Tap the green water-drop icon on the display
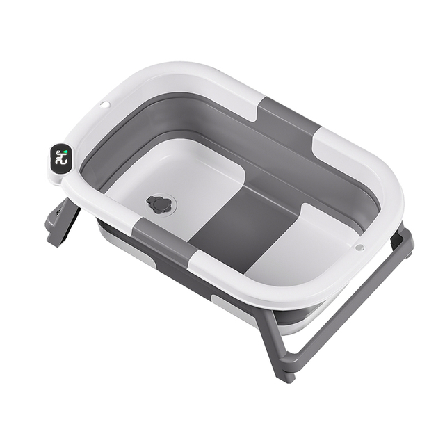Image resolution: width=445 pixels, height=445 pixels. [x=63, y=150]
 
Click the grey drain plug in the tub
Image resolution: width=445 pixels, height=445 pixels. [x=160, y=204]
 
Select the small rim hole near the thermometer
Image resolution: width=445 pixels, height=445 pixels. [x=104, y=105]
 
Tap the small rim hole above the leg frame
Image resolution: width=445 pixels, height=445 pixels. [x=359, y=247]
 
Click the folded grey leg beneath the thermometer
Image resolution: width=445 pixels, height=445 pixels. [x=61, y=222]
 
